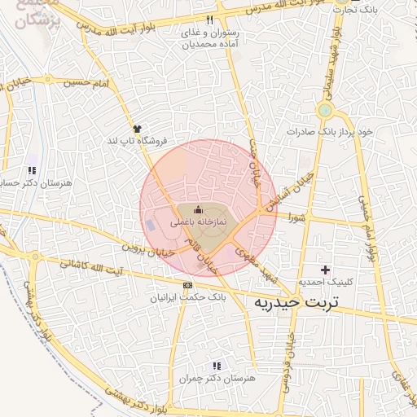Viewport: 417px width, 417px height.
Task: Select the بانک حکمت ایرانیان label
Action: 188,297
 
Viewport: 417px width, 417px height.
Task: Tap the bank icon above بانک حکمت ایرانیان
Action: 188,286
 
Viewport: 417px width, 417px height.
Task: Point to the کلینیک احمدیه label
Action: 327,282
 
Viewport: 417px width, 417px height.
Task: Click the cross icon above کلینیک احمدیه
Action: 326,270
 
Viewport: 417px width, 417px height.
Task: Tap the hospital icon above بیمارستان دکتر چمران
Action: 216,367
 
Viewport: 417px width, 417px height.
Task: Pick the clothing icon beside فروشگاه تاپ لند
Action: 137,129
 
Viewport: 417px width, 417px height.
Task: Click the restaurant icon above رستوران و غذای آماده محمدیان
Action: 210,20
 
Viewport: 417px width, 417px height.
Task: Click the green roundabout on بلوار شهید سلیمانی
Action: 325,110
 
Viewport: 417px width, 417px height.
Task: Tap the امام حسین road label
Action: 87,82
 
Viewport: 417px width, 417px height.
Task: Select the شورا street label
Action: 295,217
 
